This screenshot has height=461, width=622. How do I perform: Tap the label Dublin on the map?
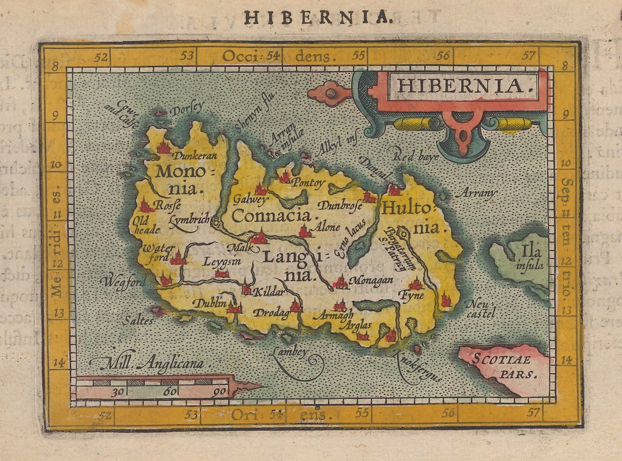pyautogui.click(x=210, y=303)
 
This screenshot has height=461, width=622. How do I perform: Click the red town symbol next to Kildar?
pyautogui.click(x=246, y=289)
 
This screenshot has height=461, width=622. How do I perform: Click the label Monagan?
pyautogui.click(x=371, y=280)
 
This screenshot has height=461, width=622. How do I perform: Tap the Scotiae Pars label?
pyautogui.click(x=501, y=364)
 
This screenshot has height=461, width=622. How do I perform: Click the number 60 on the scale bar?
pyautogui.click(x=170, y=391)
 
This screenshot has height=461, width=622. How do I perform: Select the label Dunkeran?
pyautogui.click(x=195, y=156)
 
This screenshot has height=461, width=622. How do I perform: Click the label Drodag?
pyautogui.click(x=271, y=313)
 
